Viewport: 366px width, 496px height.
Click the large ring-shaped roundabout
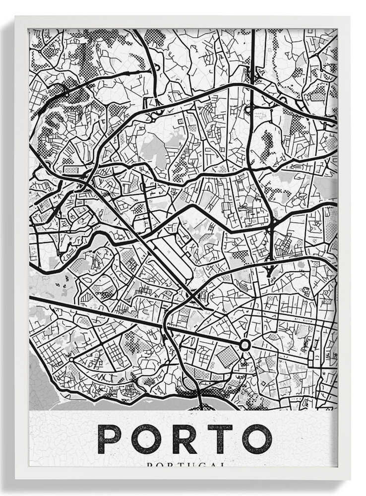point(244,345)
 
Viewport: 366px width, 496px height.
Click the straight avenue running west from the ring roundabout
point(149,322)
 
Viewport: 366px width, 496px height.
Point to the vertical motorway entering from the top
point(253,50)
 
